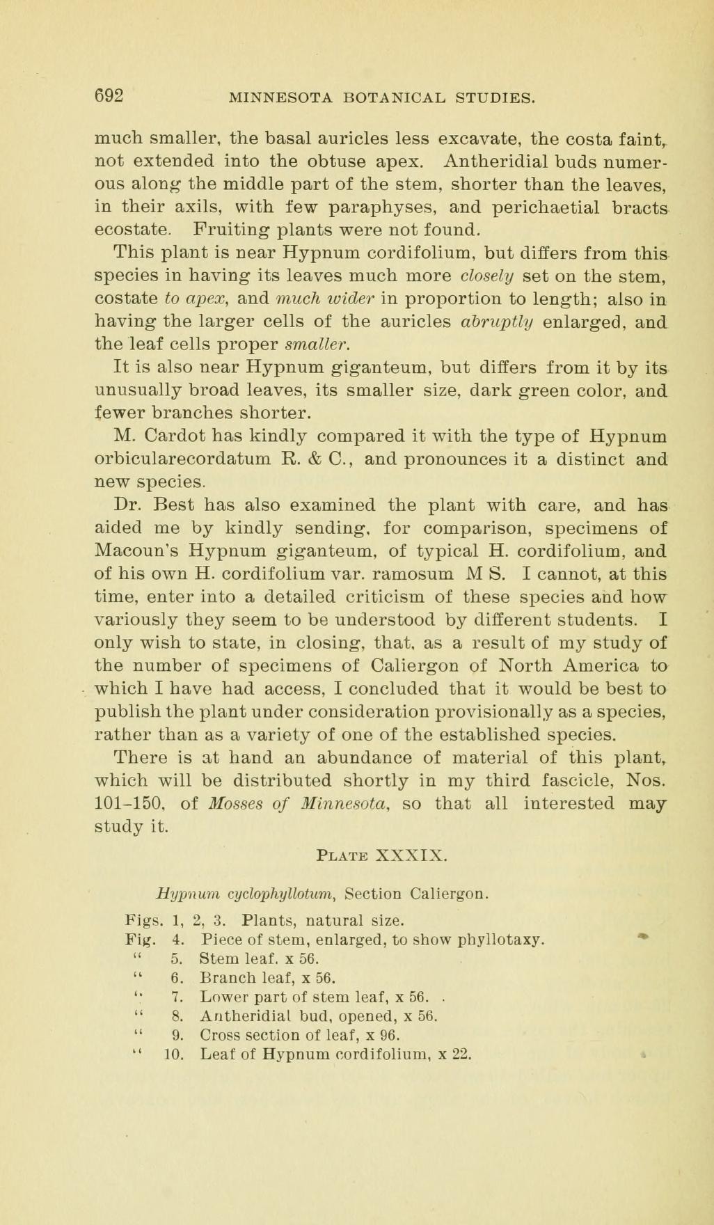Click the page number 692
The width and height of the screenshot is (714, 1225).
coord(109,95)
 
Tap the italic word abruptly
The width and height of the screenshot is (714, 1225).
coord(503,322)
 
